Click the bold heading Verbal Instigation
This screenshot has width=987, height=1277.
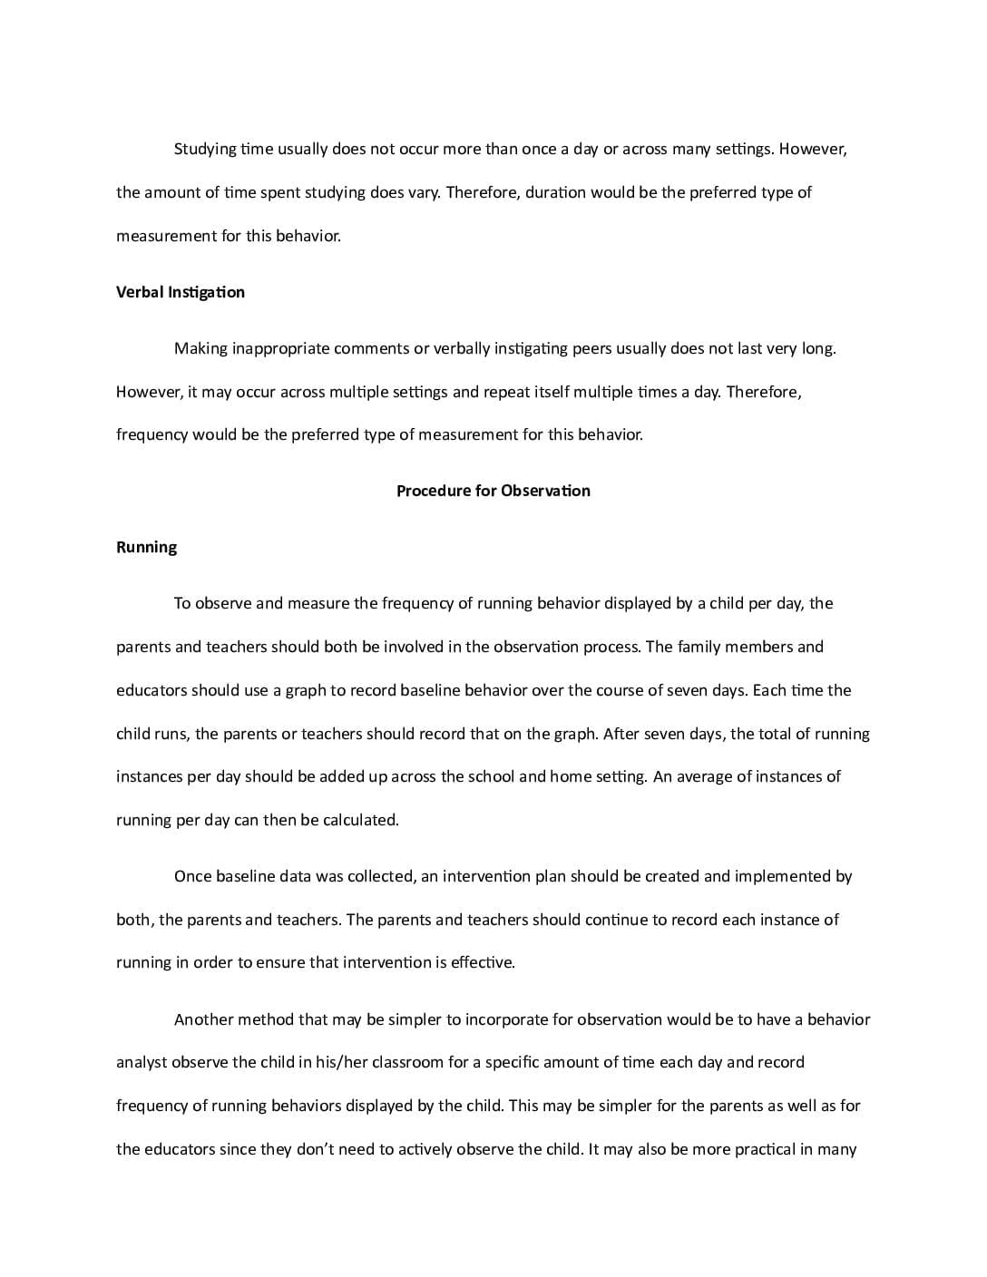tap(181, 292)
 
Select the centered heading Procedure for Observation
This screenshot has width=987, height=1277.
tap(493, 491)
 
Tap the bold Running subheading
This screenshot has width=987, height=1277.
tap(146, 547)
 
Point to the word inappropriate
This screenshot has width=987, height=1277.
tap(281, 348)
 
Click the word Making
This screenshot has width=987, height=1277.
tap(200, 348)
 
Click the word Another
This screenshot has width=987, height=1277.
tap(203, 1019)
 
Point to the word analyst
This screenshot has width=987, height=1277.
tap(142, 1062)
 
